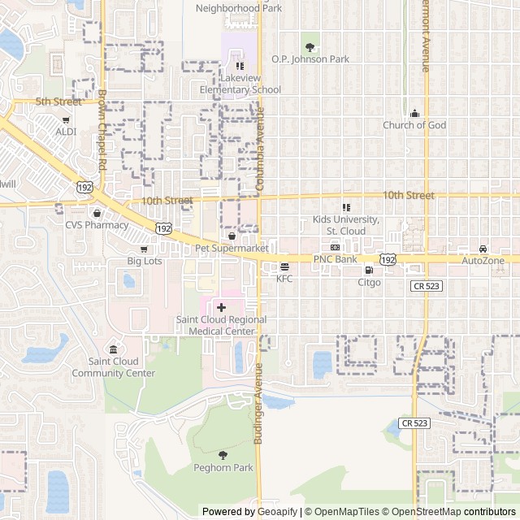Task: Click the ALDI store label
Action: click(x=66, y=132)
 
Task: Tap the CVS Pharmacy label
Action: click(x=97, y=225)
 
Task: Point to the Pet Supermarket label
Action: click(x=232, y=247)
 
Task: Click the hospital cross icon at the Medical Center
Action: click(x=221, y=307)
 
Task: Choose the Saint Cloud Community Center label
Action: click(x=113, y=367)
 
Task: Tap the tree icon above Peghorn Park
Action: click(x=223, y=454)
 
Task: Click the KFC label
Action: click(x=284, y=279)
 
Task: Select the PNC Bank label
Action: click(x=336, y=259)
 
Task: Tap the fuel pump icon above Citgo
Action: click(x=369, y=270)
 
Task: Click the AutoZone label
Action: click(x=483, y=261)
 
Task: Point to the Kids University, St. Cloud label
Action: click(x=346, y=225)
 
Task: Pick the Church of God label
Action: click(x=414, y=125)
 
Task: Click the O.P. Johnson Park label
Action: click(x=310, y=59)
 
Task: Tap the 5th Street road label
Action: click(x=58, y=102)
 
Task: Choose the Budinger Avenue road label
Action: click(x=258, y=403)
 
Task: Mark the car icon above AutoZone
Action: click(x=483, y=249)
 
